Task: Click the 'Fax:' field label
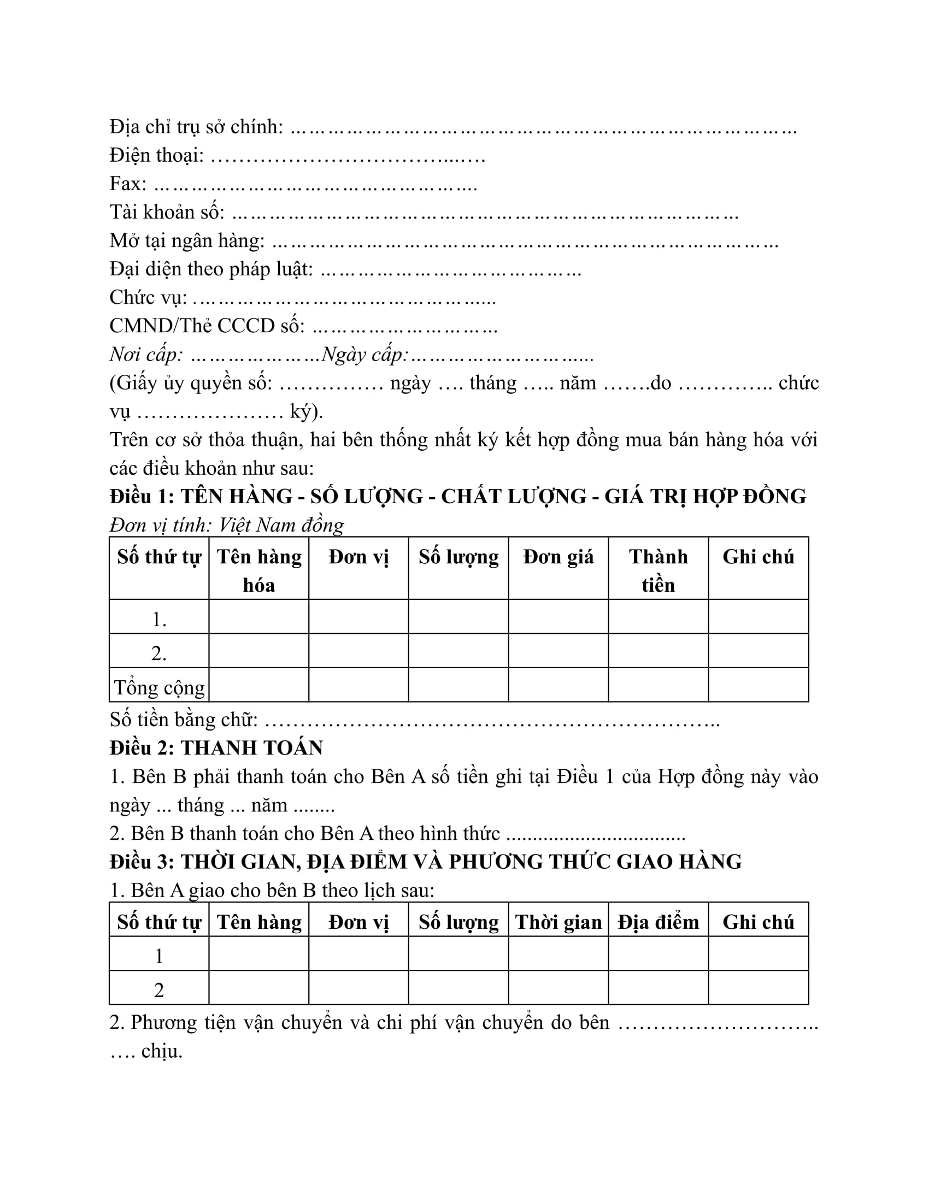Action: [x=128, y=184]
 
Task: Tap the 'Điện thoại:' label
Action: [x=157, y=156]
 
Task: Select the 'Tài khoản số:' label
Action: [x=167, y=213]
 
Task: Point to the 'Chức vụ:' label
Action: [x=148, y=298]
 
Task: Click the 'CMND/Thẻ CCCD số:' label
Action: [x=207, y=326]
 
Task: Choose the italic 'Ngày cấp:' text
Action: [x=365, y=355]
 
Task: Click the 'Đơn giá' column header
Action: [x=558, y=557]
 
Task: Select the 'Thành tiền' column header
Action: [x=658, y=571]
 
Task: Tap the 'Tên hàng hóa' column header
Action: [x=258, y=571]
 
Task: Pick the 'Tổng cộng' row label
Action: [x=159, y=687]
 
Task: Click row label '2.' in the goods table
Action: [x=159, y=654]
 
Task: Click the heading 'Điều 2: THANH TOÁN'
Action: [x=216, y=748]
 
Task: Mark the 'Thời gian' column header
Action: [x=558, y=922]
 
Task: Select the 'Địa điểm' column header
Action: [x=658, y=922]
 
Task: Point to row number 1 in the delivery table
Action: [x=159, y=956]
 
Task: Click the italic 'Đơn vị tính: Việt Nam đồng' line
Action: [x=227, y=525]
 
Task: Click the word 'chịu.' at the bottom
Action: [x=162, y=1051]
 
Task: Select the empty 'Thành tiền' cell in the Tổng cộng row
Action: [x=658, y=685]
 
